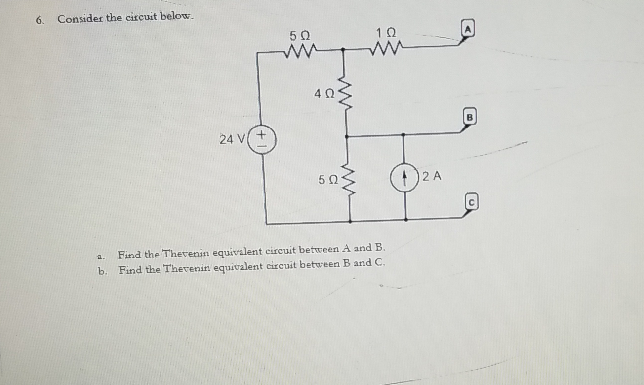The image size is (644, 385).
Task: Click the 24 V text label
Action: (232, 139)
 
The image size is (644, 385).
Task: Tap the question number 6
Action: (40, 20)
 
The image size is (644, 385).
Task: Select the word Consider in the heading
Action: (80, 19)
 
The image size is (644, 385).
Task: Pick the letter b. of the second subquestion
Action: (102, 271)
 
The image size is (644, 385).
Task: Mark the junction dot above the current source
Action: (403, 134)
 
